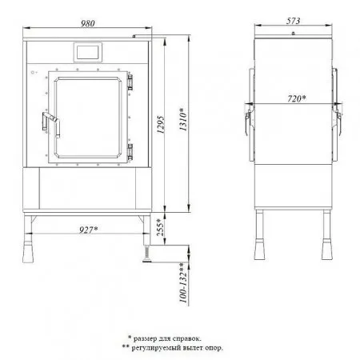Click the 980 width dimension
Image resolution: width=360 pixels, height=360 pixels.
tap(88, 23)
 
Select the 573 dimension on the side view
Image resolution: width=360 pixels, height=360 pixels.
tap(293, 21)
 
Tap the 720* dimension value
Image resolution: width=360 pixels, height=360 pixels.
tap(297, 98)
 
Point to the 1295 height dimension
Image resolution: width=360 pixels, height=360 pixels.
tap(160, 125)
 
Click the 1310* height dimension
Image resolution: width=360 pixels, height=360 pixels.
tap(183, 119)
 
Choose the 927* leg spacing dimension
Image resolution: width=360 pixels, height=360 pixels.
tap(89, 230)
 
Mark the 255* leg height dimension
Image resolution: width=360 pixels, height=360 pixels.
tap(160, 227)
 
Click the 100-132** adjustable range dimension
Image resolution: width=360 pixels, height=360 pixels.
tap(183, 282)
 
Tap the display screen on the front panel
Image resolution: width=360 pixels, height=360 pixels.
tap(88, 52)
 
